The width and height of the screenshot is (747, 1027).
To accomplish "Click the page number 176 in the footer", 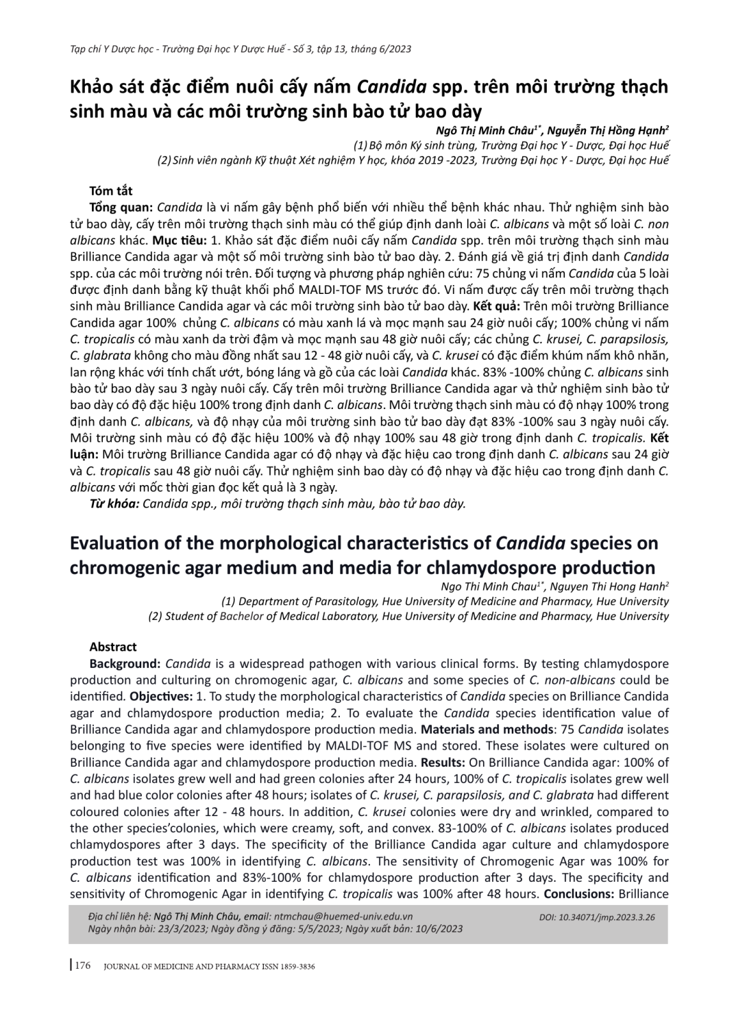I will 83,966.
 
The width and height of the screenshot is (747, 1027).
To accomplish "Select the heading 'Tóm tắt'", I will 111,190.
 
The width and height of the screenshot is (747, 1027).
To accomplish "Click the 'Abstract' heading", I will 113,647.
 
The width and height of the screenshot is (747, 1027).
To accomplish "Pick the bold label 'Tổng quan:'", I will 121,207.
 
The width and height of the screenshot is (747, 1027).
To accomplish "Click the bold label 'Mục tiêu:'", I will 178,240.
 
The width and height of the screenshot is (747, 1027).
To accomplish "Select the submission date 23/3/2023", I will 180,929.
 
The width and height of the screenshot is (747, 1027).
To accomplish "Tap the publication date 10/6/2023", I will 441,929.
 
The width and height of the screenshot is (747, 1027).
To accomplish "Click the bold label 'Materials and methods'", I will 487,730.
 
